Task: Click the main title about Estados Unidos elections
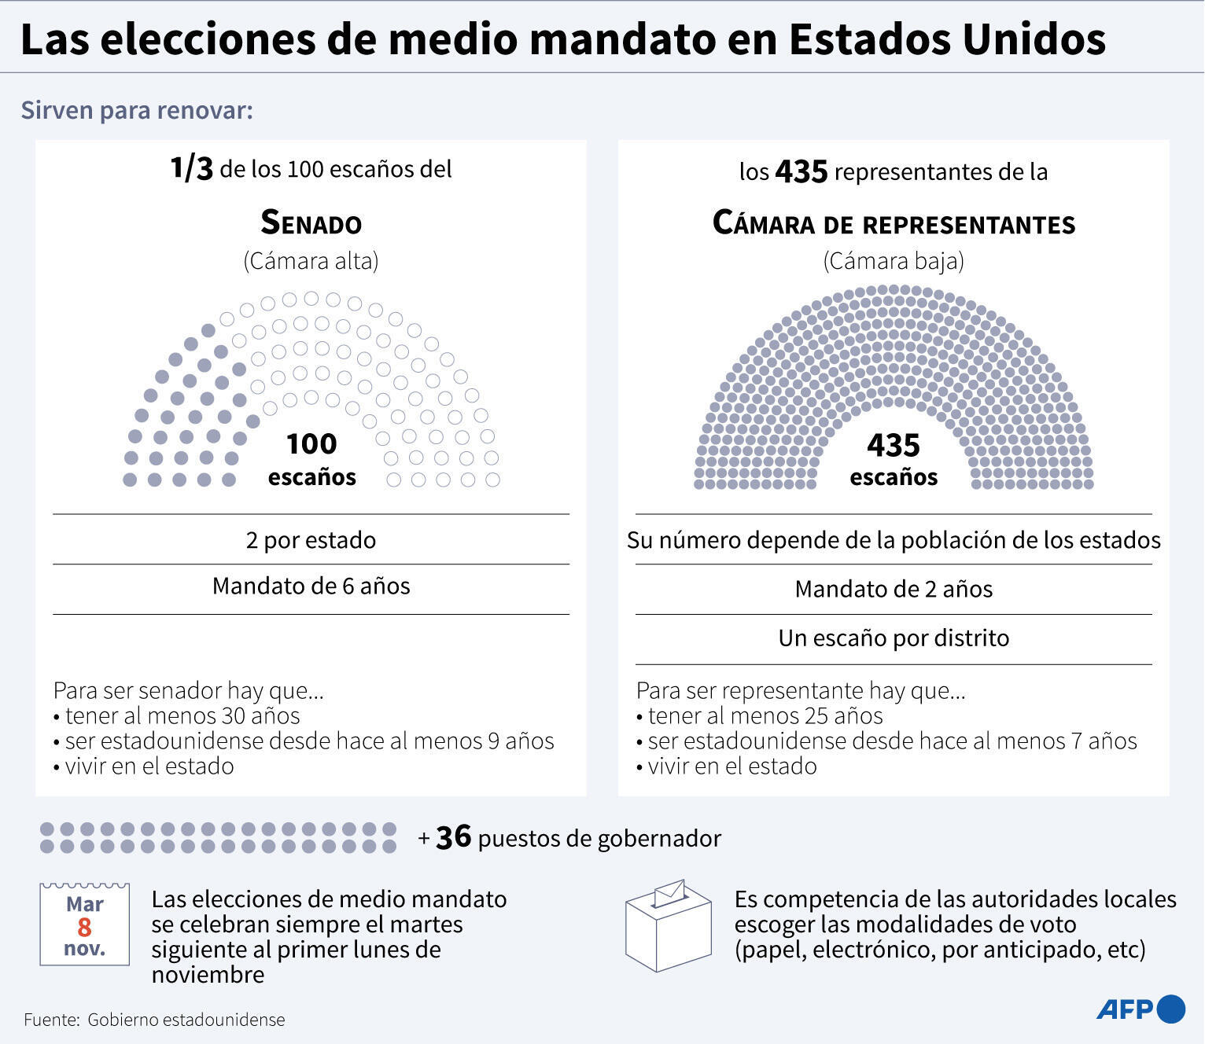[x=562, y=39]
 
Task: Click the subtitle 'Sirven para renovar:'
[x=137, y=110]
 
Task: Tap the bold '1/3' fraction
[x=191, y=168]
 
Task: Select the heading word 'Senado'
[x=311, y=223]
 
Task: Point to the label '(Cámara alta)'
[x=311, y=261]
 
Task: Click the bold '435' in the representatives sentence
[x=801, y=171]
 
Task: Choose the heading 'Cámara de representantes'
[x=894, y=223]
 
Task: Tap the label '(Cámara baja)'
[x=894, y=261]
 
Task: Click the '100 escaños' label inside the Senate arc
[x=311, y=459]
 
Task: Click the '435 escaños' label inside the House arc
[x=894, y=460]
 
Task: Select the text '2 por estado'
[x=311, y=540]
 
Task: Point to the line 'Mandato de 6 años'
[x=311, y=586]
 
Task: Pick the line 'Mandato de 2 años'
[x=894, y=589]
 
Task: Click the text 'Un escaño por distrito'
[x=894, y=638]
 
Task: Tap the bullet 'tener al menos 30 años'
[x=182, y=715]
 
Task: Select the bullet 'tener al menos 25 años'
[x=765, y=715]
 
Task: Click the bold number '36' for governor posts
[x=453, y=837]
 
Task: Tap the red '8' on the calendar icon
[x=84, y=927]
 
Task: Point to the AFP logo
[x=1140, y=1009]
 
